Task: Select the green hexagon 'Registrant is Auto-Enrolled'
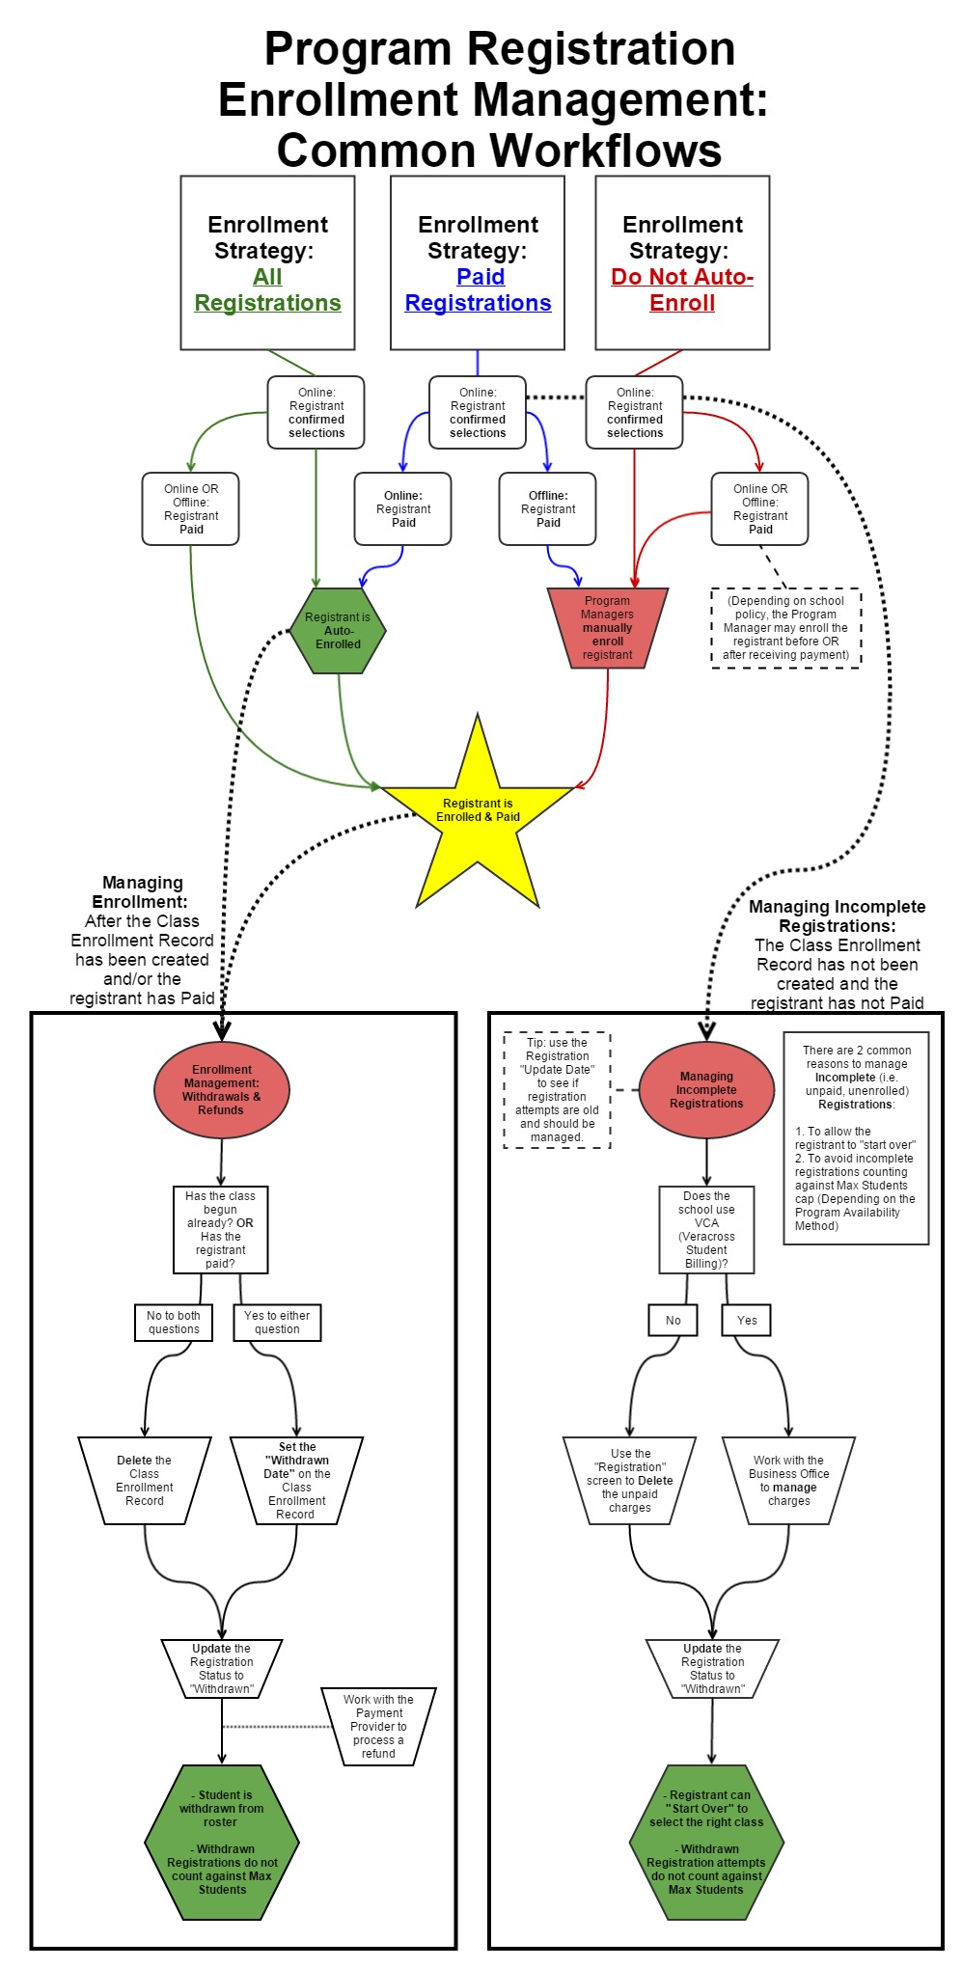pyautogui.click(x=338, y=631)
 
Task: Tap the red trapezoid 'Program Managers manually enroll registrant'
pyautogui.click(x=607, y=628)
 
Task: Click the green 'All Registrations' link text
pyautogui.click(x=267, y=289)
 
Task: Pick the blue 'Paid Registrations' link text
pyautogui.click(x=478, y=289)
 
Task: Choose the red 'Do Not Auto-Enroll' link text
pyautogui.click(x=682, y=289)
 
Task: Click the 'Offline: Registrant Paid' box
pyautogui.click(x=547, y=508)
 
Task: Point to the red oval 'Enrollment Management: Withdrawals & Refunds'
pyautogui.click(x=222, y=1090)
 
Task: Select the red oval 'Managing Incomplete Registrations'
pyautogui.click(x=706, y=1090)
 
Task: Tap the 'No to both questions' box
pyautogui.click(x=174, y=1323)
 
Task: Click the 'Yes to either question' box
pyautogui.click(x=277, y=1323)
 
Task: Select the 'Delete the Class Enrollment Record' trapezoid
pyautogui.click(x=145, y=1481)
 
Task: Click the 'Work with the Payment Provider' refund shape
pyautogui.click(x=378, y=1727)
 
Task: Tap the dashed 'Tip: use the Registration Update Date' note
pyautogui.click(x=557, y=1090)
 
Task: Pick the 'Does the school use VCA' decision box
pyautogui.click(x=706, y=1230)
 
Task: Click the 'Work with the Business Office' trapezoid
pyautogui.click(x=788, y=1481)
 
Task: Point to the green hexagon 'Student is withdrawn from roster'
pyautogui.click(x=222, y=1843)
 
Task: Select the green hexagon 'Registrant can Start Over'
pyautogui.click(x=706, y=1843)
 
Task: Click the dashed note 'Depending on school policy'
pyautogui.click(x=785, y=628)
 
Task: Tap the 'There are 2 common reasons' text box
pyautogui.click(x=856, y=1138)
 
